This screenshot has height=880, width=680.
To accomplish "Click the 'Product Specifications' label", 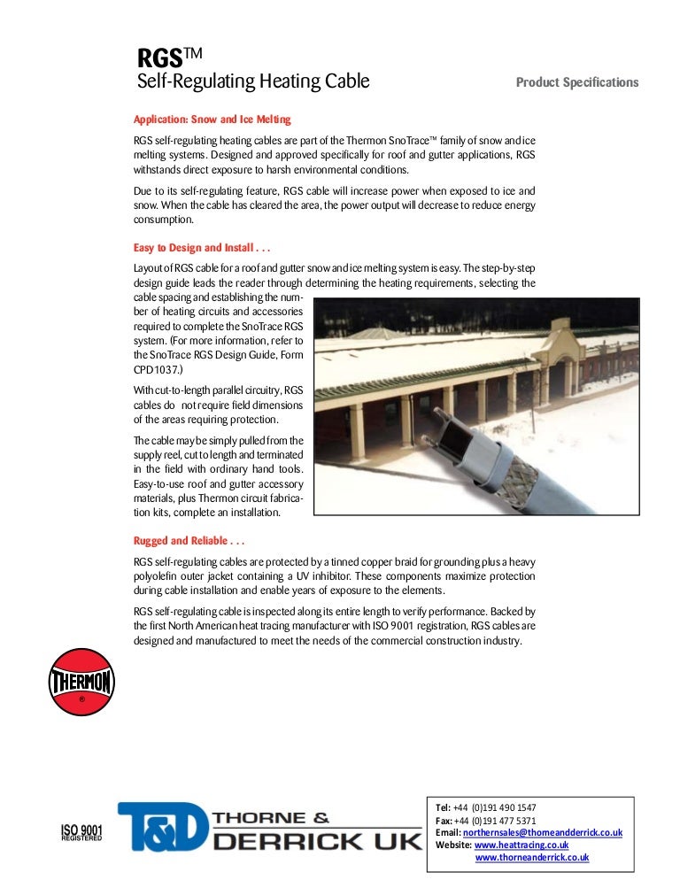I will point(576,82).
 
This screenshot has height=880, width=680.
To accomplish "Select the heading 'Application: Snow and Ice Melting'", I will point(212,119).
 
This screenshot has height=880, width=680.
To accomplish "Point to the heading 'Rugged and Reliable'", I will point(189,540).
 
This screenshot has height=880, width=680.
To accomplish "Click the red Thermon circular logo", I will point(81,682).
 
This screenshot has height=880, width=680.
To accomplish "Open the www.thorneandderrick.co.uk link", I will point(532,858).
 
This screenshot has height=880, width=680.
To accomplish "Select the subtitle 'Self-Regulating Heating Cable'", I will point(252,83).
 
